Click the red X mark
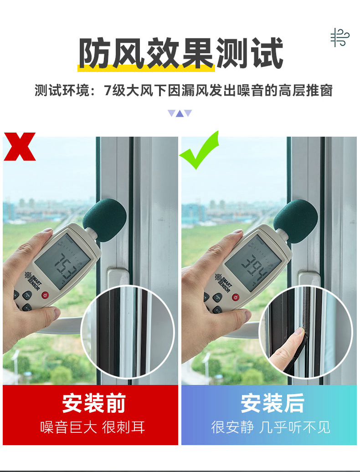pos(20,146)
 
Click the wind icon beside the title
pos(339,37)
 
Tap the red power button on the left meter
pos(45,295)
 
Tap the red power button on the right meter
pos(235,297)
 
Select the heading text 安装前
pos(93,404)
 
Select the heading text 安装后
pos(272,404)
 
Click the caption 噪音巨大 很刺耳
pos(93,427)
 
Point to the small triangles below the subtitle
pos(180,113)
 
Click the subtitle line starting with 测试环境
pos(184,90)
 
